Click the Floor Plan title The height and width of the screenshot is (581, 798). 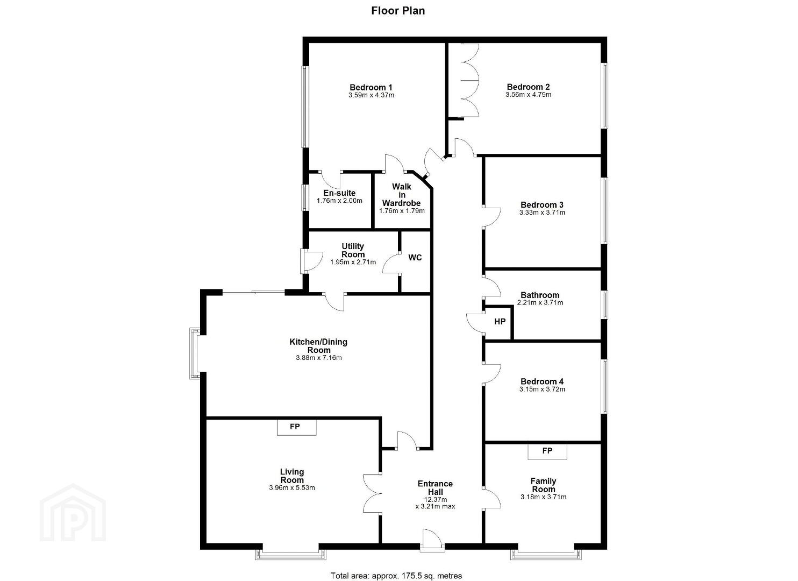(x=398, y=11)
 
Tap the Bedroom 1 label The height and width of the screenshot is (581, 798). (x=371, y=87)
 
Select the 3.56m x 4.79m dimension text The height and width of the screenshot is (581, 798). (x=528, y=95)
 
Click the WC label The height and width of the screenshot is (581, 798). (x=415, y=257)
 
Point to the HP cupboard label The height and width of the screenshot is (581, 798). (x=500, y=322)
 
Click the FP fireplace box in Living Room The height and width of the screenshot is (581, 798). (x=297, y=427)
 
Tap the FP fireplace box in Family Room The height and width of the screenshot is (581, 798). (x=547, y=451)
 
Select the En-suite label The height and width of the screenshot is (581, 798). (x=339, y=193)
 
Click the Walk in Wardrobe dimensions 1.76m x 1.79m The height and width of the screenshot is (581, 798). (x=402, y=211)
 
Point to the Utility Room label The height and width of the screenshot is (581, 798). (x=353, y=250)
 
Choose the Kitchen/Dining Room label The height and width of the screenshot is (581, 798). (x=318, y=346)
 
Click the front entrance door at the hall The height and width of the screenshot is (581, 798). (x=432, y=541)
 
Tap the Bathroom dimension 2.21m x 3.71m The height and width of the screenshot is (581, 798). (x=540, y=303)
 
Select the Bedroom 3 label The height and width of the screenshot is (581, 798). (x=542, y=204)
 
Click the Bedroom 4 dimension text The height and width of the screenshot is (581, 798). (x=542, y=389)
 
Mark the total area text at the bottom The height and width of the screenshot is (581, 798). (x=396, y=566)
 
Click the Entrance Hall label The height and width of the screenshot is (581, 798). (x=436, y=487)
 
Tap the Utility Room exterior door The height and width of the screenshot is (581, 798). (x=311, y=261)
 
